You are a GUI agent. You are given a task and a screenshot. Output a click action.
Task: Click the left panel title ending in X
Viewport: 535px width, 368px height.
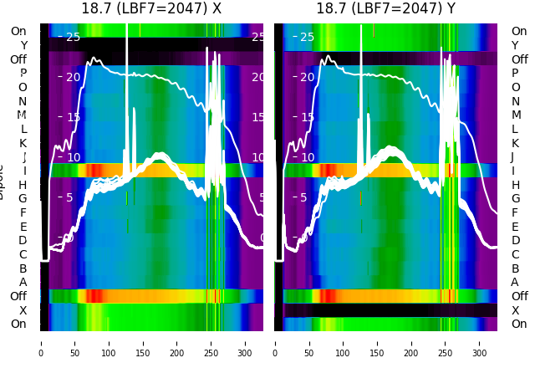[x=151, y=8]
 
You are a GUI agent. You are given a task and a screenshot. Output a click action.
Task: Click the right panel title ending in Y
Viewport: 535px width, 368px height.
[x=385, y=8]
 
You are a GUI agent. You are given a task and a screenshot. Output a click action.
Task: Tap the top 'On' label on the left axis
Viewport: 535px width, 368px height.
[x=18, y=31]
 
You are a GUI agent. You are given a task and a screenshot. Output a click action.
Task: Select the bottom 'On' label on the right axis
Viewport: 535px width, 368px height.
[x=519, y=324]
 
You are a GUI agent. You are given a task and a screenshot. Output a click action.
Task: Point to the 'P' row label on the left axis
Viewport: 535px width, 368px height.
[x=23, y=73]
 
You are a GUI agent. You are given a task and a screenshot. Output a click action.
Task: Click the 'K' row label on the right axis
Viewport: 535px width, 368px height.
[x=515, y=143]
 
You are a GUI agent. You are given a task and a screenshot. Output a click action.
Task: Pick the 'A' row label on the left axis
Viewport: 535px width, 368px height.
[x=23, y=282]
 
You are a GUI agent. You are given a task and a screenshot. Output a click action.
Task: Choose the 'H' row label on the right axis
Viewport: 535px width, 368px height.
[x=515, y=185]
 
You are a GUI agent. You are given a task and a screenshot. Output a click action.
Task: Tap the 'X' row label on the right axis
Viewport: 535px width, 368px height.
[x=515, y=310]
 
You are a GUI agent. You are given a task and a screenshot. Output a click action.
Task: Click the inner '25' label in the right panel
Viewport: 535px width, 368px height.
[x=306, y=37]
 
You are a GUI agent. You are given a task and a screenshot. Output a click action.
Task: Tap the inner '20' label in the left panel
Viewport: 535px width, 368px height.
[x=72, y=77]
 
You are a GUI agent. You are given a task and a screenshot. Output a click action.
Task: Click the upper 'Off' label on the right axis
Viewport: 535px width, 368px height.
[x=519, y=59]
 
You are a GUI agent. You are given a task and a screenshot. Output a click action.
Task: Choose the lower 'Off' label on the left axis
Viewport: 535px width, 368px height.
[x=18, y=296]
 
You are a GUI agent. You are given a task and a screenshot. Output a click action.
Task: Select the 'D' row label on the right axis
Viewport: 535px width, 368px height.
[x=515, y=240]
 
